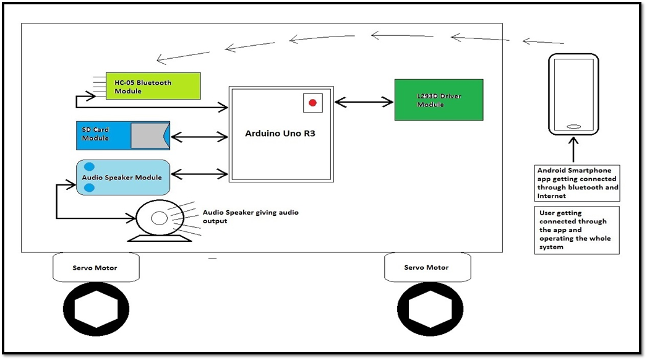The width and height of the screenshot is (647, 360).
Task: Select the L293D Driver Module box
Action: point(439,100)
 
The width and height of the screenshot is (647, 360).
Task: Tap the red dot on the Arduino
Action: point(313,103)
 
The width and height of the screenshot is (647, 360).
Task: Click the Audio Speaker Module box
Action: point(122,178)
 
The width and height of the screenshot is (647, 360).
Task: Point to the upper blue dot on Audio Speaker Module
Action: point(90,167)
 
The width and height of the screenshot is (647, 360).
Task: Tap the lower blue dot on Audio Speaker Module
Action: point(90,187)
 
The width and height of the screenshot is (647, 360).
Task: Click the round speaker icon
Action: point(158,218)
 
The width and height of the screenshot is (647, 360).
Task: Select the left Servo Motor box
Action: point(96,267)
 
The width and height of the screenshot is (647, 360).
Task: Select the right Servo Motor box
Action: point(427,267)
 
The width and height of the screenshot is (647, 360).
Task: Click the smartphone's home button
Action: point(573,127)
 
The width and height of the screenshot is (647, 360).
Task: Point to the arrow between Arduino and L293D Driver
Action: point(364,101)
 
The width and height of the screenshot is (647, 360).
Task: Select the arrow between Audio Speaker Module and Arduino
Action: point(199,175)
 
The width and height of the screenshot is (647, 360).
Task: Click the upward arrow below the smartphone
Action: point(573,150)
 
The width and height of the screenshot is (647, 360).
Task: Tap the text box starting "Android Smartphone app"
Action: point(577,183)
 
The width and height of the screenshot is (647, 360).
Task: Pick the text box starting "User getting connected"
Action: point(577,229)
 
